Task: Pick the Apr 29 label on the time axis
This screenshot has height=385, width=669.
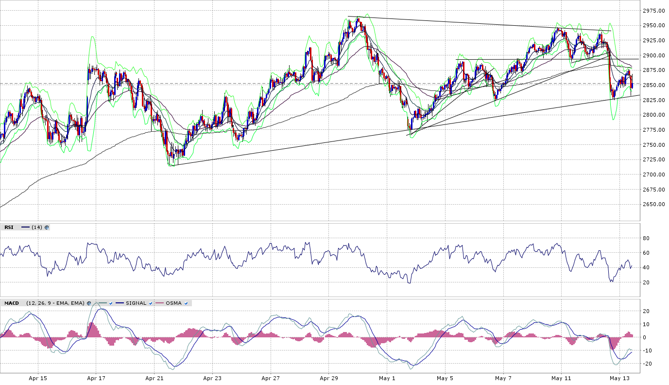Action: (329, 378)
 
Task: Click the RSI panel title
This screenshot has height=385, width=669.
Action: (9, 227)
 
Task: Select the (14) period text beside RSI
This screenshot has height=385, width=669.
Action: (37, 227)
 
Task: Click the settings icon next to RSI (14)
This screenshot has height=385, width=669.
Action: (47, 227)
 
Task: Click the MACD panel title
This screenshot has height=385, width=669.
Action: (11, 303)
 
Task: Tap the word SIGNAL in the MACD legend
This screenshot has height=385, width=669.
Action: (136, 303)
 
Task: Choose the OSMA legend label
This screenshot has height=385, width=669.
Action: (173, 303)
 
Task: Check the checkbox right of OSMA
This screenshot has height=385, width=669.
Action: (186, 303)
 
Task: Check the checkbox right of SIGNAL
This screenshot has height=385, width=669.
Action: (151, 303)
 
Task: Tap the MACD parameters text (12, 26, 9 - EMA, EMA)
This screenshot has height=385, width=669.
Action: (56, 303)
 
